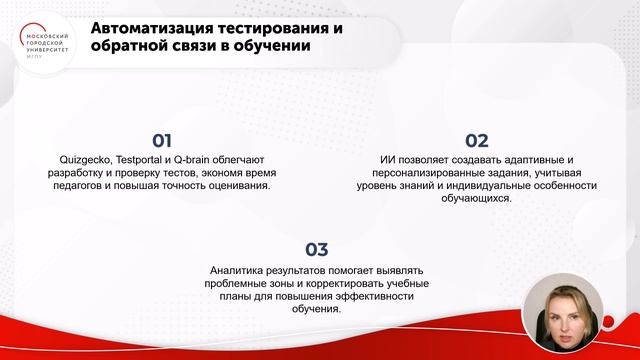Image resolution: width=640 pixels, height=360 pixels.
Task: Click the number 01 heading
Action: [x=162, y=141]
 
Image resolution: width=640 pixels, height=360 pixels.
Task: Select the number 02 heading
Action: [x=477, y=141]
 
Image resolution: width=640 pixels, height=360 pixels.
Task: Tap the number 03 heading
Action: [x=316, y=250]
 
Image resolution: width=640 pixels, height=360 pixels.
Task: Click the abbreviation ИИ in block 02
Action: [x=389, y=160]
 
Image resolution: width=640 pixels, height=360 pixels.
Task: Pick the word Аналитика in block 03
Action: [x=237, y=269]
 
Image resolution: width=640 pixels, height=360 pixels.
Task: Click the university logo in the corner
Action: [x=49, y=43]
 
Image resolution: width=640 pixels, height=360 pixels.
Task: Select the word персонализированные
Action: [x=415, y=173]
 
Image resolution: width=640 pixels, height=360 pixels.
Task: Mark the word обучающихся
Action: [x=475, y=199]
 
